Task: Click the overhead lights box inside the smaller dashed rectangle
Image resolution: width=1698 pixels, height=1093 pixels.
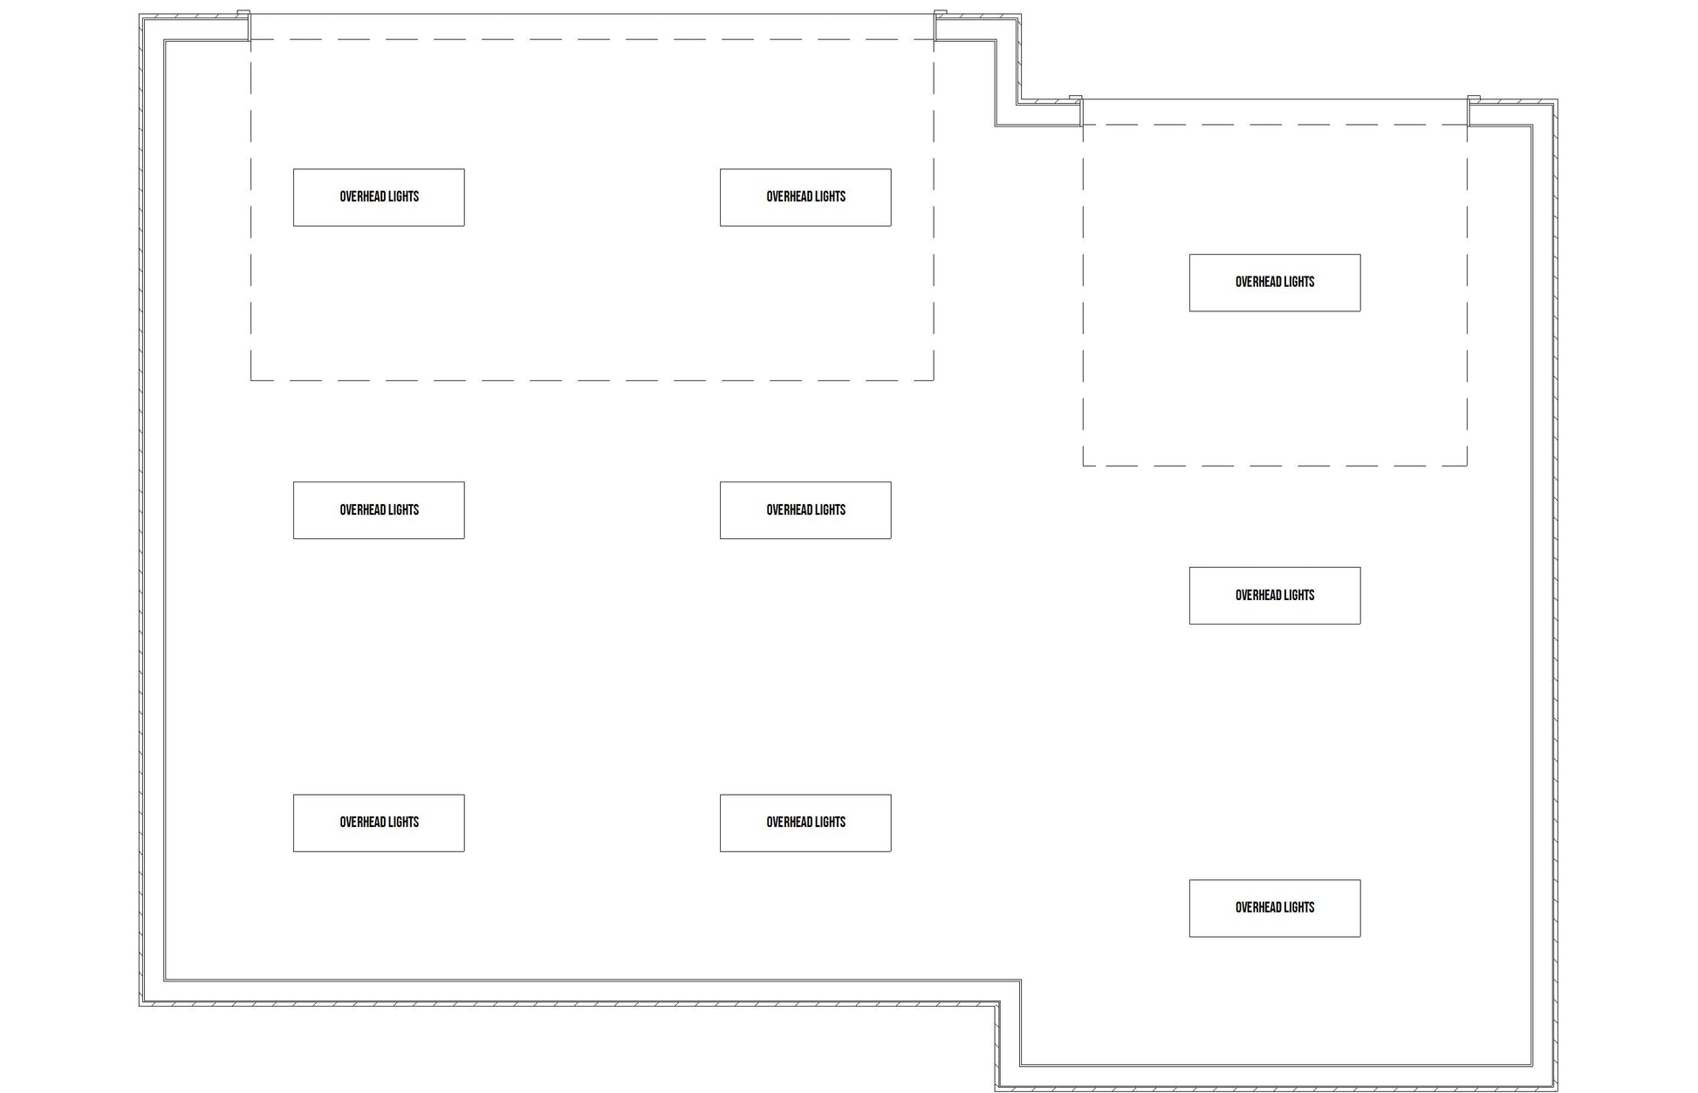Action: click(x=1274, y=283)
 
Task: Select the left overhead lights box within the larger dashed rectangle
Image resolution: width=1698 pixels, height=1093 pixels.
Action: click(x=379, y=197)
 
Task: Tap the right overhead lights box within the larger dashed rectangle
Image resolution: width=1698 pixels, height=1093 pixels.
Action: click(x=804, y=197)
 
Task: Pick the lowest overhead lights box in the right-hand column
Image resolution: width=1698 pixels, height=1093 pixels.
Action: click(x=1274, y=908)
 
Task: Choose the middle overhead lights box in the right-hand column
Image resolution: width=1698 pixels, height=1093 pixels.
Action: click(x=1274, y=596)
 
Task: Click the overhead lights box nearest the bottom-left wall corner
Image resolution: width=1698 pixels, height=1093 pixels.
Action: click(x=379, y=823)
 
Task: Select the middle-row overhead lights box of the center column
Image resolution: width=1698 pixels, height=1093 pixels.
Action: click(x=804, y=510)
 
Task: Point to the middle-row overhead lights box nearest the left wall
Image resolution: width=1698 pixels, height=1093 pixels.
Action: click(x=379, y=510)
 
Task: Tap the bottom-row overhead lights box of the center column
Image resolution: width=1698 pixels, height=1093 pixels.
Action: click(x=804, y=823)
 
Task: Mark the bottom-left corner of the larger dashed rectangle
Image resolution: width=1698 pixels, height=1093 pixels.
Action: click(x=251, y=380)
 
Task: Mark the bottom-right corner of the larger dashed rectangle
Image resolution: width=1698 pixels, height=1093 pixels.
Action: click(x=934, y=380)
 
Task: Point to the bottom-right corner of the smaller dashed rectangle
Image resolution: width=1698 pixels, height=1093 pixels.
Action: click(x=1467, y=466)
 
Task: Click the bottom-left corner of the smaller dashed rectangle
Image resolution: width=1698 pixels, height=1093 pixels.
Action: click(x=1083, y=466)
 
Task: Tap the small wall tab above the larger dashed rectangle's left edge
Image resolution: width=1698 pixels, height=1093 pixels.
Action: click(x=244, y=13)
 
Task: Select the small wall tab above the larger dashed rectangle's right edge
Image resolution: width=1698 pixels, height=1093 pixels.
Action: click(x=941, y=13)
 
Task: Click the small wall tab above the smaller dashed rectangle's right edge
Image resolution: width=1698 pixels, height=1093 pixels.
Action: click(x=1474, y=99)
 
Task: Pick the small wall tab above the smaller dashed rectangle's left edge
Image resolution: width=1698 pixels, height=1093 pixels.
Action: click(x=1076, y=99)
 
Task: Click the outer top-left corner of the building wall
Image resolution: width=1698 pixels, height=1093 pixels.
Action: click(x=140, y=15)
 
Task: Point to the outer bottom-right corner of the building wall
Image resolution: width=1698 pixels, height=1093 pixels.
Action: click(x=1558, y=1090)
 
